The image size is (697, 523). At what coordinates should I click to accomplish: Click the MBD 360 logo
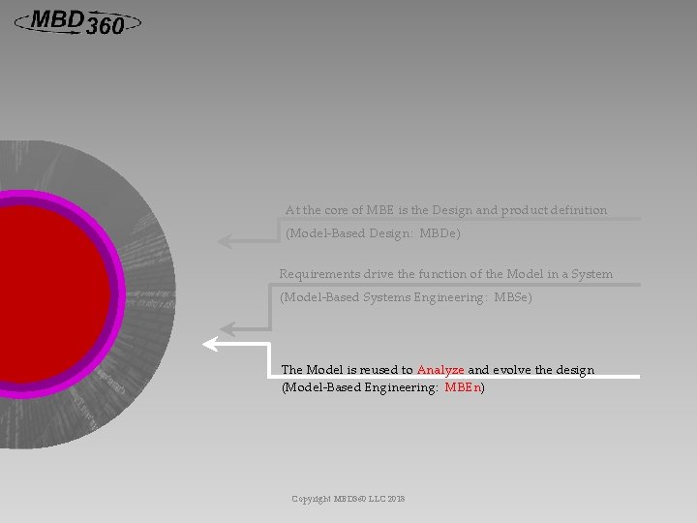point(77,21)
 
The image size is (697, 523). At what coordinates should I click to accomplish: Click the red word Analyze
point(440,370)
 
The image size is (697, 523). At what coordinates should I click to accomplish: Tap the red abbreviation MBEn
point(463,387)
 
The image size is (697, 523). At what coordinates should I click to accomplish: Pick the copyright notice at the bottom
point(348,499)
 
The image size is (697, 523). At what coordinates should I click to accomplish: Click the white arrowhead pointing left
point(209,343)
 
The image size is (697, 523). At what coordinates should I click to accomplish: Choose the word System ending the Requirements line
point(591,274)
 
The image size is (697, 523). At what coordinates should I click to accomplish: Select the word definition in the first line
point(578,210)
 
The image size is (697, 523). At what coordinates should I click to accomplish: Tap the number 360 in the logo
point(105,28)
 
